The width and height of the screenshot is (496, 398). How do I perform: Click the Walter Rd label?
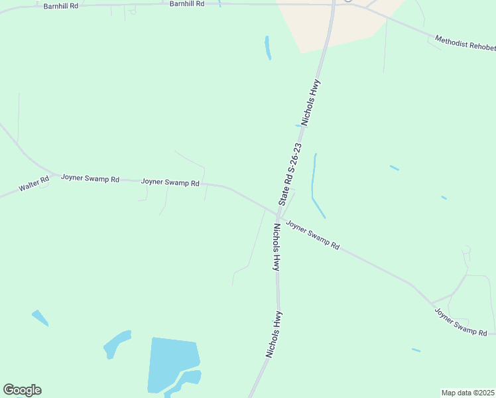coord(34,184)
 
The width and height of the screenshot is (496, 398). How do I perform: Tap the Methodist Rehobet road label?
coord(465,44)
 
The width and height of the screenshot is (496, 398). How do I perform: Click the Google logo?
coord(22,390)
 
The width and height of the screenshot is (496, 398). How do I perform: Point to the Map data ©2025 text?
coord(467,393)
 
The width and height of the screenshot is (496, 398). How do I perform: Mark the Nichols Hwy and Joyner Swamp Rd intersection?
coord(278,214)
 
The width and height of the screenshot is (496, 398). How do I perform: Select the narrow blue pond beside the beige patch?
coord(268,47)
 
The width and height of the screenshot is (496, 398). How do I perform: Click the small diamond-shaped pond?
coord(40,318)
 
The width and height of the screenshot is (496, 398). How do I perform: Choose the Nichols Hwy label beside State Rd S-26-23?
coord(311,103)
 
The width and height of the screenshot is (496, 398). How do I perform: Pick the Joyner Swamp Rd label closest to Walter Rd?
coord(90,178)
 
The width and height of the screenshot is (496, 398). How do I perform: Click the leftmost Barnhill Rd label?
coord(61,5)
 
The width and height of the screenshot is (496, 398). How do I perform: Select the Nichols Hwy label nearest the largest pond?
coord(274,334)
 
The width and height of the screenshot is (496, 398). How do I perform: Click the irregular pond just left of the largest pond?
coord(116,344)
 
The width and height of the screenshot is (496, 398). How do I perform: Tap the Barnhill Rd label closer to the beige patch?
coord(187,4)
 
